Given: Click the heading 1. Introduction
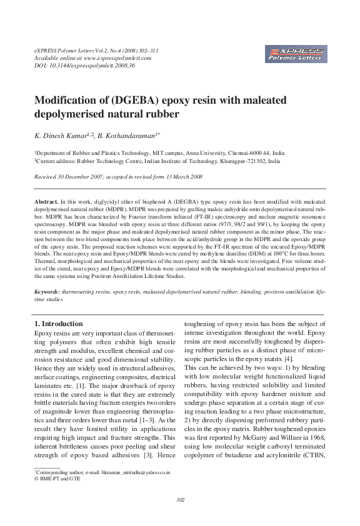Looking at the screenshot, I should pyautogui.click(x=57, y=324).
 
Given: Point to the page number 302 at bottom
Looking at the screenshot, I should pyautogui.click(x=180, y=499).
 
